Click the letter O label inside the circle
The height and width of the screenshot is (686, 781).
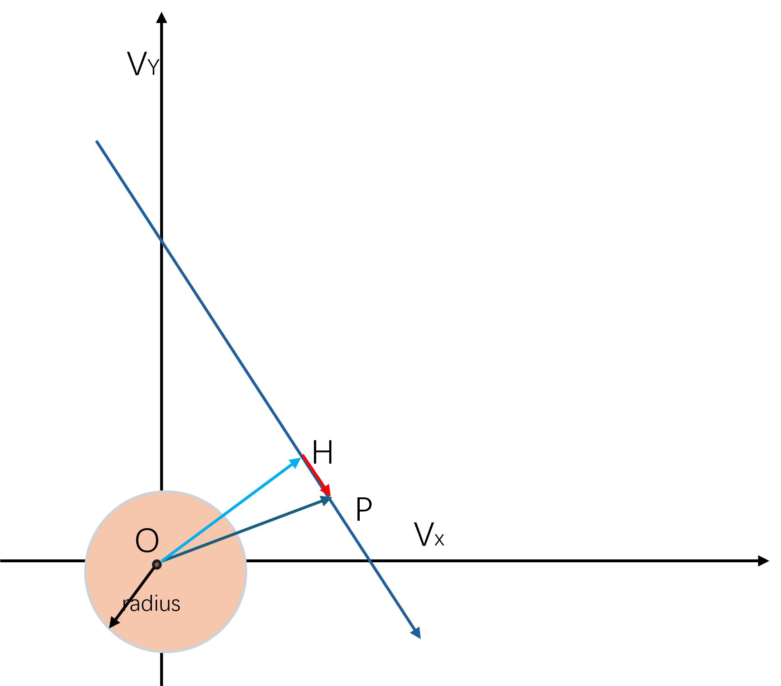147,540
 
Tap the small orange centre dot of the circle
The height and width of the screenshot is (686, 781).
156,564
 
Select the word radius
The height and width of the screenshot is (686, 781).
152,604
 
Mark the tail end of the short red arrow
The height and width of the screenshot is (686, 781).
303,456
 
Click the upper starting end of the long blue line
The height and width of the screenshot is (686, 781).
97,142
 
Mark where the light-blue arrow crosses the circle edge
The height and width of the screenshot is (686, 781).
225,514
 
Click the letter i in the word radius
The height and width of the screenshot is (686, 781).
156,603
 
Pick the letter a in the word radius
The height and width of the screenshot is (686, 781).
135,605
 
